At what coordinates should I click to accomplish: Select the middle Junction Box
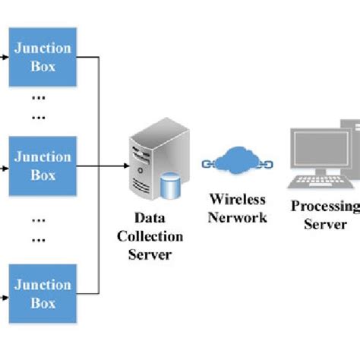pos(43,164)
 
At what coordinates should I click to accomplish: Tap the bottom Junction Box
pos(43,293)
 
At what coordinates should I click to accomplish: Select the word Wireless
pos(238,200)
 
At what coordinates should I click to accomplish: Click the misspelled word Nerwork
pos(238,216)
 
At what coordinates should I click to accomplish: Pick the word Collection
pos(149,237)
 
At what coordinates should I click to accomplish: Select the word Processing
pos(325,207)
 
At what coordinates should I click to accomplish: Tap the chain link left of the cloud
pos(210,164)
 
